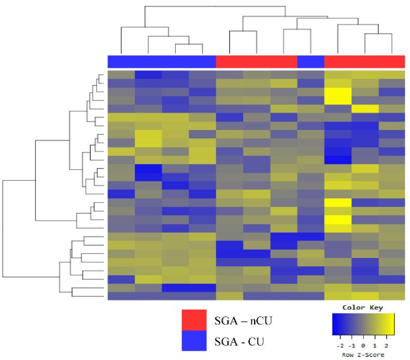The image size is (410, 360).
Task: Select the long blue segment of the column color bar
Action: pos(161,61)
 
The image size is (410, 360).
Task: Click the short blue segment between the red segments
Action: pos(310,61)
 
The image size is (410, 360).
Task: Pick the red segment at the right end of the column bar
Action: pos(364,61)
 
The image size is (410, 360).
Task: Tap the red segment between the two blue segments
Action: pos(256,61)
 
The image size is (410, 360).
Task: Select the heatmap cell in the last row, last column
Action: pos(391,296)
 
